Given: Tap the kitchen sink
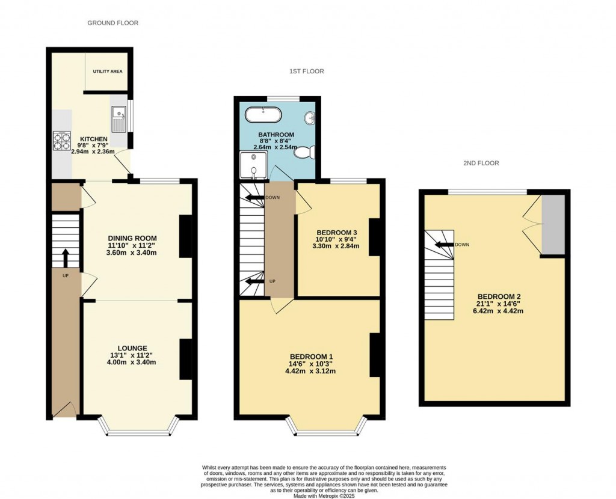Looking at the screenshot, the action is tap(119, 119).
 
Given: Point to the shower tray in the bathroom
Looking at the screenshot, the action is tap(254, 165).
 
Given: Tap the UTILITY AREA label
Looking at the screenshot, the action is tap(108, 72).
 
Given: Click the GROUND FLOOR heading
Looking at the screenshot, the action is tap(112, 23).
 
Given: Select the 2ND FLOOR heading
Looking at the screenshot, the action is tap(481, 163).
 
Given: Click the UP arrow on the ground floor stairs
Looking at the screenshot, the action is tap(65, 257).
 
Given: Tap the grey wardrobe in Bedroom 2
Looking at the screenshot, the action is tap(553, 225).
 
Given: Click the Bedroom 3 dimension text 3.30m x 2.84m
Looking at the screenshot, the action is tap(336, 246).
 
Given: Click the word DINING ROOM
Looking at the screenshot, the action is tap(132, 238).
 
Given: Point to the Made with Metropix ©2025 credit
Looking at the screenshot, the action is tap(324, 496).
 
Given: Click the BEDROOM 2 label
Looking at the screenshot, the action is tap(499, 296).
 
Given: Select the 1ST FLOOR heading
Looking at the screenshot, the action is tap(307, 72).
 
